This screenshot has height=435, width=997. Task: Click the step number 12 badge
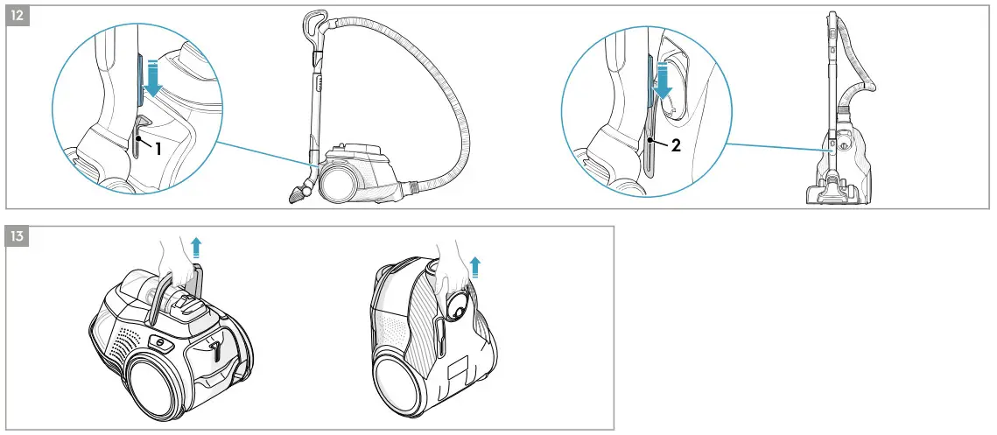19,17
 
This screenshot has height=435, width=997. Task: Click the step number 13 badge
19,236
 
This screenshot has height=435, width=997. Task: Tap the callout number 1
158,148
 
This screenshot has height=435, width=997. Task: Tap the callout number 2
676,146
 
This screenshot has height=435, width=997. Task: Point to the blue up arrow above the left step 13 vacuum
195,245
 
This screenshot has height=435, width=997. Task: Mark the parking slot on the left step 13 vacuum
214,349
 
